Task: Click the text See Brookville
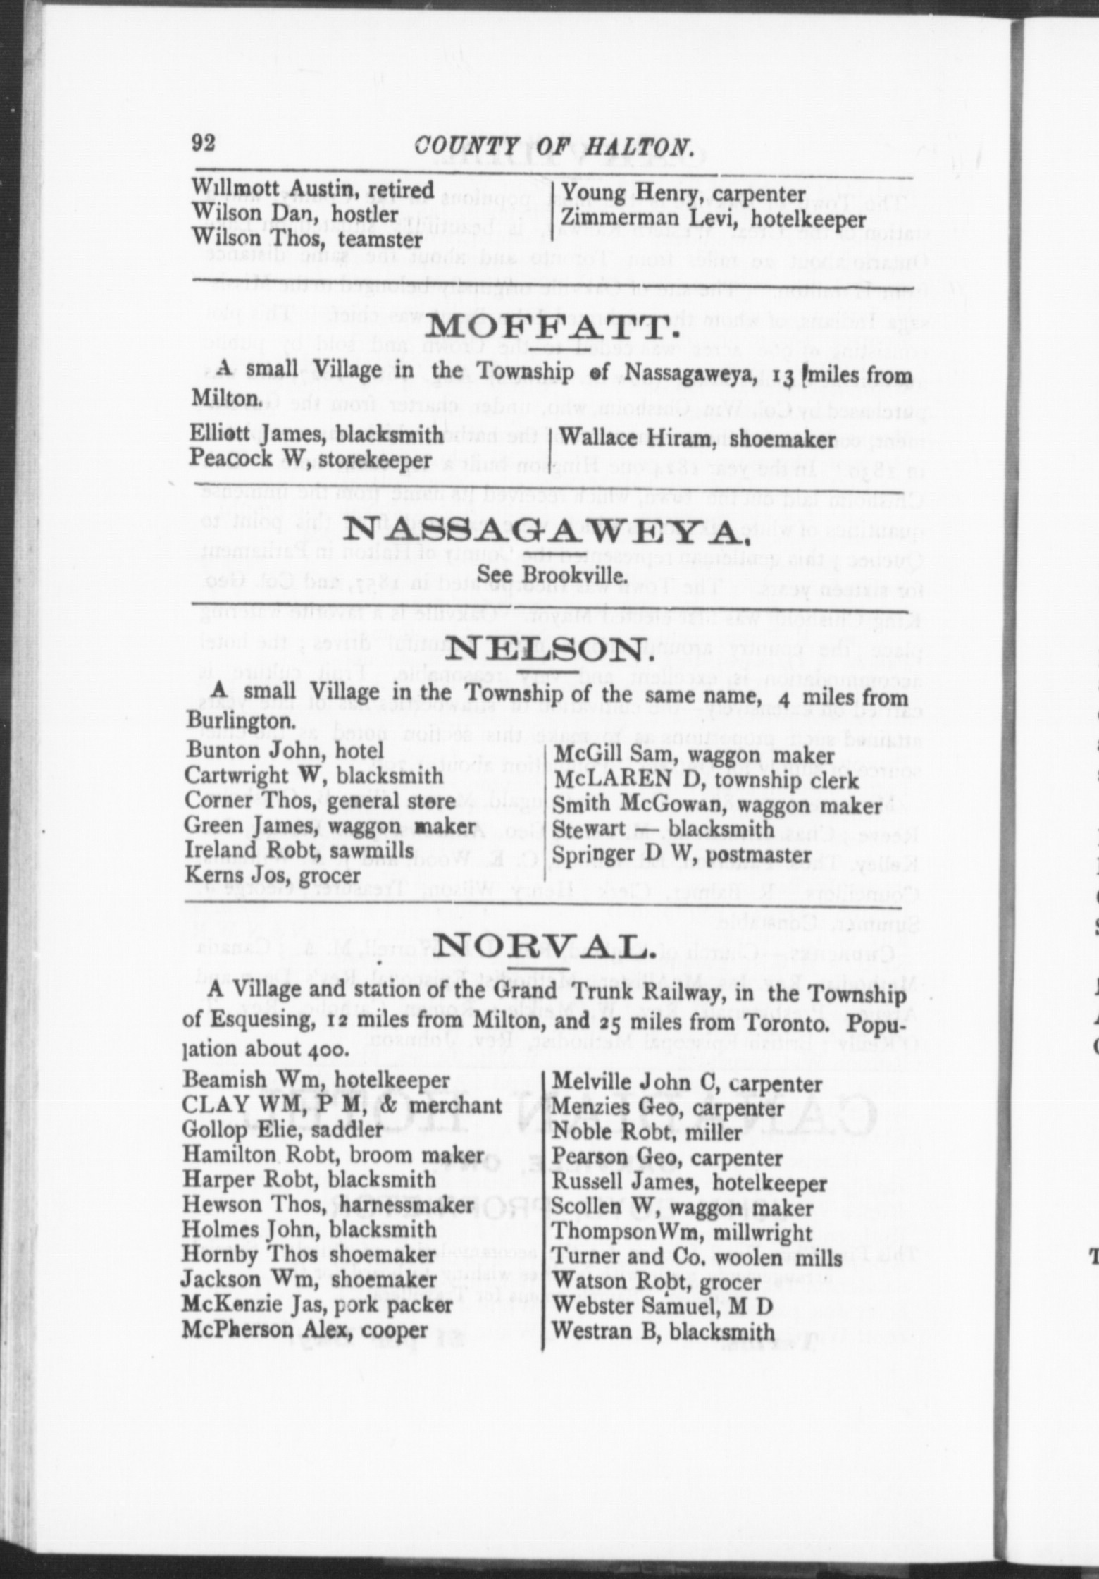[552, 575]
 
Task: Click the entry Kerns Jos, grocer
[272, 875]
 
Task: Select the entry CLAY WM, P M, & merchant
[342, 1105]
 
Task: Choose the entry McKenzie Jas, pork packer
[317, 1305]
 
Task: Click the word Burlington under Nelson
[240, 722]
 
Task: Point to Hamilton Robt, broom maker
[333, 1155]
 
